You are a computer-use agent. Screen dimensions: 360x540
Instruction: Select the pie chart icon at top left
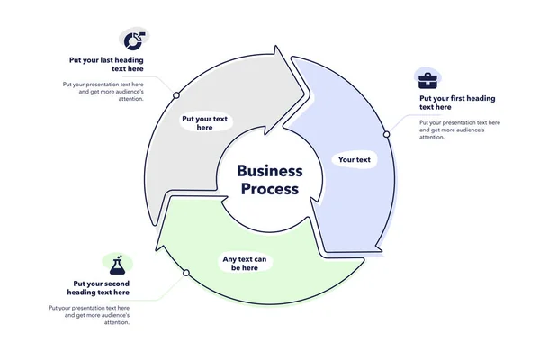click(x=132, y=40)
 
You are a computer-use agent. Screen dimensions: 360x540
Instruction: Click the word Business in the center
click(x=270, y=171)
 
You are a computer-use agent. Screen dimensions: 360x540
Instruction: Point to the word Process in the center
click(x=270, y=189)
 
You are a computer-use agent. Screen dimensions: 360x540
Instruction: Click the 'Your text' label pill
click(x=354, y=160)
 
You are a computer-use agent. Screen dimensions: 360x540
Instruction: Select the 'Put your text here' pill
click(x=204, y=123)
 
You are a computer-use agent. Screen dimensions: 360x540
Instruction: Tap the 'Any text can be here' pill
click(x=245, y=264)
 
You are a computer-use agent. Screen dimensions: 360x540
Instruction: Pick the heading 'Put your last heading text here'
click(x=106, y=65)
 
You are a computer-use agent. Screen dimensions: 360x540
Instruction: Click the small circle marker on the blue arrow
click(x=386, y=134)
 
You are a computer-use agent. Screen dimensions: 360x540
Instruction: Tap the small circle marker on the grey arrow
click(x=176, y=94)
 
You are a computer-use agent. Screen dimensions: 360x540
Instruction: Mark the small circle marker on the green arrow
click(x=186, y=272)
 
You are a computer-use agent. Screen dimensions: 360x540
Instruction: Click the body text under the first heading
click(x=459, y=130)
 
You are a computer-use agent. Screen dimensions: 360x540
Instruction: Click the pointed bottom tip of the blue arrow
click(x=380, y=251)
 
